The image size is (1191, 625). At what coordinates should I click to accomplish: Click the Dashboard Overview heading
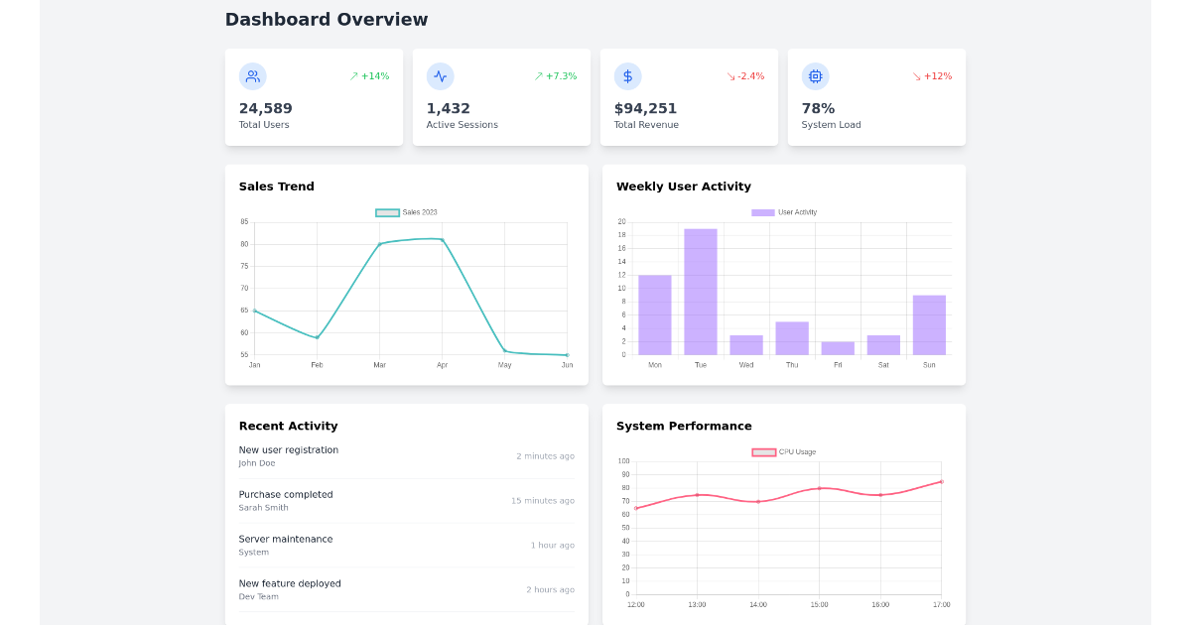[327, 20]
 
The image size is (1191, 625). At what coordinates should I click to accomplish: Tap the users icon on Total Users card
[252, 76]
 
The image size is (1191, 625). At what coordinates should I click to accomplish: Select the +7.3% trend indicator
[556, 76]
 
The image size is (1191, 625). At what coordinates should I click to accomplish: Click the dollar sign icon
[627, 76]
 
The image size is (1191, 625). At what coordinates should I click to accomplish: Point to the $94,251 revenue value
[645, 109]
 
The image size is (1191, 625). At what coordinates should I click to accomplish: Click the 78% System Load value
[818, 109]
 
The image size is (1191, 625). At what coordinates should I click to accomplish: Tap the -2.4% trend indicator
[745, 76]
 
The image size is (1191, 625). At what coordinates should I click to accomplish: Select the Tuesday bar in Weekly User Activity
[701, 292]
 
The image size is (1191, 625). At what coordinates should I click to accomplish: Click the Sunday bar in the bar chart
[929, 324]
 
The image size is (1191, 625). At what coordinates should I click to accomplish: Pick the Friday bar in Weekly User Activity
[838, 348]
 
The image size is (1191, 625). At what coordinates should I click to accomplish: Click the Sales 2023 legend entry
[407, 212]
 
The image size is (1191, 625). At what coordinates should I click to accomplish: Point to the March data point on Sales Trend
[379, 244]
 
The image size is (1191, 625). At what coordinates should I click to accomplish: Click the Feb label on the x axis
[317, 365]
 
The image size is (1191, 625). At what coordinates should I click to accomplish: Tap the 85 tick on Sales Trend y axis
[244, 222]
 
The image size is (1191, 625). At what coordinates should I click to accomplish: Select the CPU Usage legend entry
[784, 452]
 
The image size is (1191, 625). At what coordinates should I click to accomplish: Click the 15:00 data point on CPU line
[819, 488]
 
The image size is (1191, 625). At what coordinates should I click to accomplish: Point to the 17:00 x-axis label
[941, 605]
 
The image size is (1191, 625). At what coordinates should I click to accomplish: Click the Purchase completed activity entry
[286, 495]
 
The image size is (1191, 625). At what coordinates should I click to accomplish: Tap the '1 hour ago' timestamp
[552, 546]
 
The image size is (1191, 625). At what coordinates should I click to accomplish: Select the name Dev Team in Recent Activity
[258, 597]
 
